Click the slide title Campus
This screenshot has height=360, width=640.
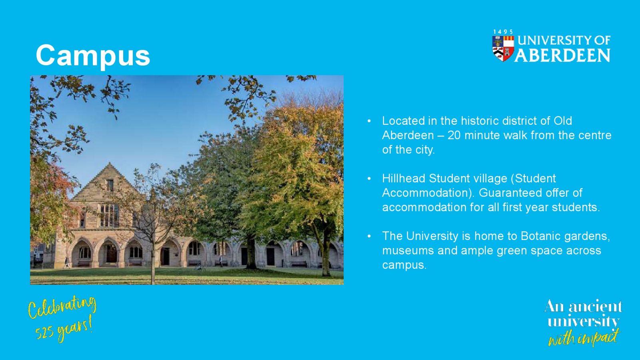pyautogui.click(x=93, y=56)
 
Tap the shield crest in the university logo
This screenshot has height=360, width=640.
pyautogui.click(x=503, y=48)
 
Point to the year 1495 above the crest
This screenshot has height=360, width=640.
pyautogui.click(x=503, y=32)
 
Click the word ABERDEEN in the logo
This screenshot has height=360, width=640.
pyautogui.click(x=562, y=55)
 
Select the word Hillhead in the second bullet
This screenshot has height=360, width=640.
pyautogui.click(x=404, y=178)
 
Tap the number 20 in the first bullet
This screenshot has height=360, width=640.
pyautogui.click(x=454, y=136)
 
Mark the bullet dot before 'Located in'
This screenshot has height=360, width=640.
pyautogui.click(x=369, y=122)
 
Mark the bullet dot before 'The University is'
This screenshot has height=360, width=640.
pyautogui.click(x=369, y=236)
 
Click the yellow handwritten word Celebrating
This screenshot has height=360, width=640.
pyautogui.click(x=62, y=307)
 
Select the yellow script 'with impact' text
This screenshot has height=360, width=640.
pyautogui.click(x=584, y=338)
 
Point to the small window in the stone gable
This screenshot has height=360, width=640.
pyautogui.click(x=110, y=185)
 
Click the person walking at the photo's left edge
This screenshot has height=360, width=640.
pyautogui.click(x=67, y=262)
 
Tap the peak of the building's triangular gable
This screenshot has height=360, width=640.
pyautogui.click(x=110, y=163)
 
